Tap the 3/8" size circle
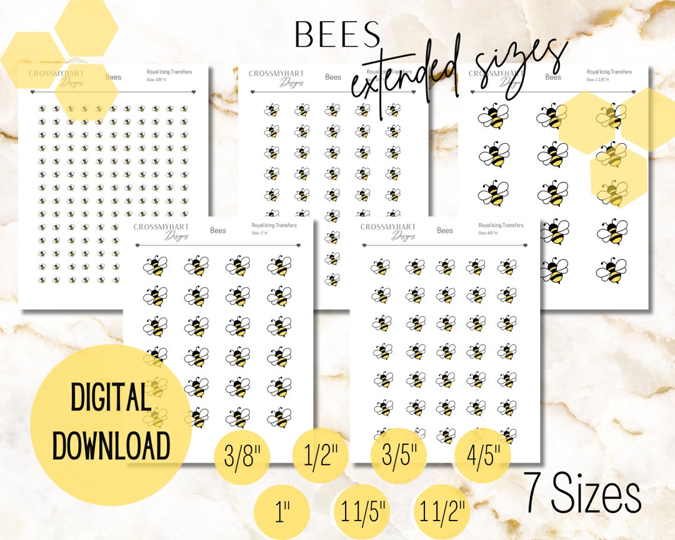click(x=241, y=457)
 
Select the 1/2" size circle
click(x=319, y=457)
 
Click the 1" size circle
click(x=282, y=511)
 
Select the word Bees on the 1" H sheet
click(x=218, y=231)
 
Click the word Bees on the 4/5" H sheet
click(x=445, y=231)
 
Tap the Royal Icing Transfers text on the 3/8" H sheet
click(x=169, y=72)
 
